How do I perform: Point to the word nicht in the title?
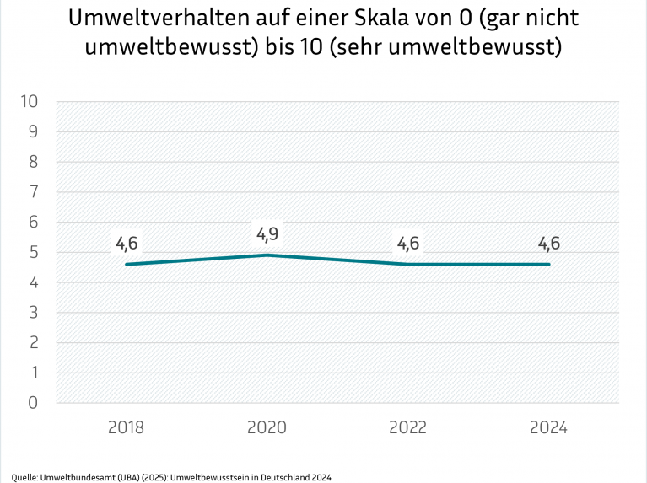551,19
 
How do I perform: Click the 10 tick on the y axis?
29,101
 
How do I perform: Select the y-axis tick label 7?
34,192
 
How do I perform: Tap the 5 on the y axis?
34,252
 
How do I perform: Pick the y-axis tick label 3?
34,313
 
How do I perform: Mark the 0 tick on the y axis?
34,403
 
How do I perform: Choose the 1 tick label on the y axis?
34,373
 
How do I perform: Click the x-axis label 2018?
126,427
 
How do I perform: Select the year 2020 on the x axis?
267,427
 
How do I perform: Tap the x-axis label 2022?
408,427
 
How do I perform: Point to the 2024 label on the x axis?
549,427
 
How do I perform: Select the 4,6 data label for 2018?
126,244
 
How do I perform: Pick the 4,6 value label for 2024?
549,244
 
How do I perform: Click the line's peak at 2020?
267,255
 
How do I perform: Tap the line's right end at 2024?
549,264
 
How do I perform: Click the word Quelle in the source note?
24,476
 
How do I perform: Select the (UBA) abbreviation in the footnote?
130,476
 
